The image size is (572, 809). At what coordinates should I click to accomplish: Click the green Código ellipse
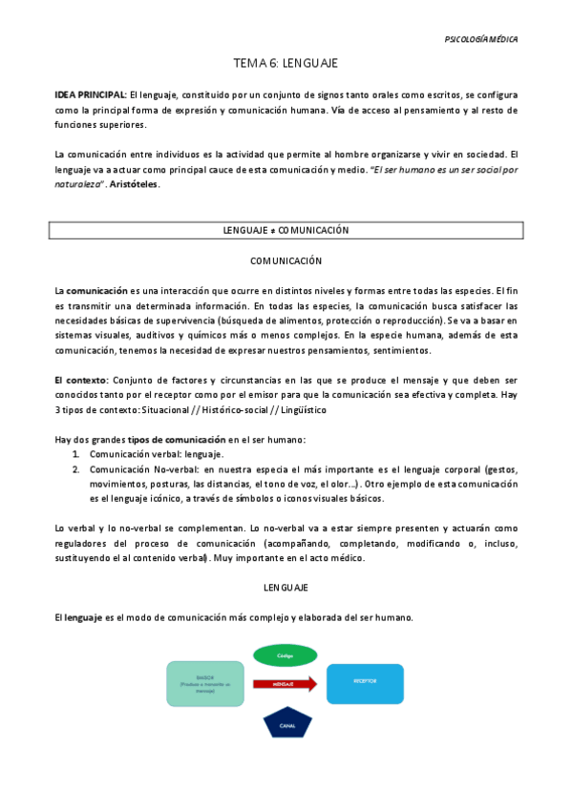pos(285,656)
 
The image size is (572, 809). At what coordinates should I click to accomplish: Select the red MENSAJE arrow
pos(285,683)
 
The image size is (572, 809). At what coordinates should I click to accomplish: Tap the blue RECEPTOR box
pos(364,683)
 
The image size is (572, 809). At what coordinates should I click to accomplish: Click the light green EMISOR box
pos(205,683)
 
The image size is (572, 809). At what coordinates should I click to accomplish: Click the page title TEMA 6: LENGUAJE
pos(286,63)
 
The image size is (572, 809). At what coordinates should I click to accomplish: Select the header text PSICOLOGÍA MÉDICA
pos(481,39)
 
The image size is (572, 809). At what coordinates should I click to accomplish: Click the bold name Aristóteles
pos(134,184)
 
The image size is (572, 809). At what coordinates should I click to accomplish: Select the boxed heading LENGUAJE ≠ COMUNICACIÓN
pos(286,230)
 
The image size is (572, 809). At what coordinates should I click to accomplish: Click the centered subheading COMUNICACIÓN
pos(286,260)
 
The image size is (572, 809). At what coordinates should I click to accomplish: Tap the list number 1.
pos(75,454)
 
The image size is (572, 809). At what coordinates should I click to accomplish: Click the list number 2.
pos(75,469)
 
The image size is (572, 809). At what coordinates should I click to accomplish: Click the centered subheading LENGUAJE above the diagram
pos(286,588)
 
